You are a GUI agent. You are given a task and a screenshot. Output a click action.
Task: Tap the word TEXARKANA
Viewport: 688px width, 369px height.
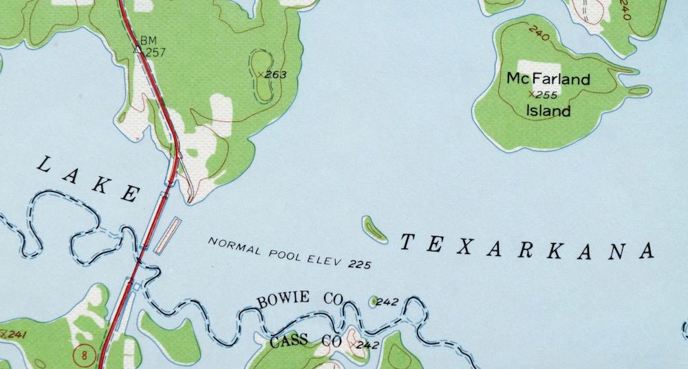526,246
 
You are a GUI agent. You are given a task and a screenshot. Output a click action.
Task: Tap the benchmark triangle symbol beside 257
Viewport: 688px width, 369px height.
137,50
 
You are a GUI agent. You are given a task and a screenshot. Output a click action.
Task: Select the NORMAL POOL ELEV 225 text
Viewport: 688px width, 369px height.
290,253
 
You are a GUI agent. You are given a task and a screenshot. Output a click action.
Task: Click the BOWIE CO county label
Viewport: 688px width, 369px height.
300,300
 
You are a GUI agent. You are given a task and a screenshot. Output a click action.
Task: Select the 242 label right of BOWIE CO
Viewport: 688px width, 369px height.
387,302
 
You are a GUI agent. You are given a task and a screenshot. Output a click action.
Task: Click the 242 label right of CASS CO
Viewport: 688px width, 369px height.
367,345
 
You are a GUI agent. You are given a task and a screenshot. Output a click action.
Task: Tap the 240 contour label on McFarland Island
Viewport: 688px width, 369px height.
539,32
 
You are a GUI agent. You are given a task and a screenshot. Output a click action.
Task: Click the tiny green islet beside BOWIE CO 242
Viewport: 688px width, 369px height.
374,301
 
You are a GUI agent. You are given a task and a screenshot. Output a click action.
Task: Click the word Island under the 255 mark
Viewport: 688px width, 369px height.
548,111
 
